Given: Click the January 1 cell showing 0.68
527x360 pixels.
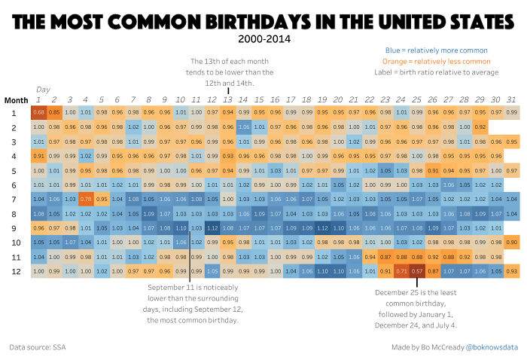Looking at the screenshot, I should (x=38, y=113).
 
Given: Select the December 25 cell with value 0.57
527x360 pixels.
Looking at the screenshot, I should (x=418, y=270).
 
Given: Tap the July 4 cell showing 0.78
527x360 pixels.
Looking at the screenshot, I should (x=86, y=199).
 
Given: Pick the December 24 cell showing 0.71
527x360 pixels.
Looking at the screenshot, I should (x=402, y=270).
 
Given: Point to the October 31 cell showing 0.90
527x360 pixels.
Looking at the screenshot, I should (x=512, y=242).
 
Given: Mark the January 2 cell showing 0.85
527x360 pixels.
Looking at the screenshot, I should (x=54, y=113).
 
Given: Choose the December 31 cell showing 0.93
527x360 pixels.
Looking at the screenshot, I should (x=512, y=270).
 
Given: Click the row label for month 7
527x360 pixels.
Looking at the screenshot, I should (x=14, y=199).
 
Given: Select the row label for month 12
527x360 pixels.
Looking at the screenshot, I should (x=14, y=270).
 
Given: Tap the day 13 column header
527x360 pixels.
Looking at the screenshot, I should (x=228, y=99).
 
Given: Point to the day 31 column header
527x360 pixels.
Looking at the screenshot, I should (x=512, y=99).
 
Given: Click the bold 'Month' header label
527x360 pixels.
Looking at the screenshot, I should (x=16, y=99).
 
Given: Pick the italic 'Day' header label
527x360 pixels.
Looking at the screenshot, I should (x=43, y=90).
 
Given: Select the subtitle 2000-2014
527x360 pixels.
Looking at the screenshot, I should (x=263, y=39).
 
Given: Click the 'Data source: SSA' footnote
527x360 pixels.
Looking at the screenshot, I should (x=38, y=347).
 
